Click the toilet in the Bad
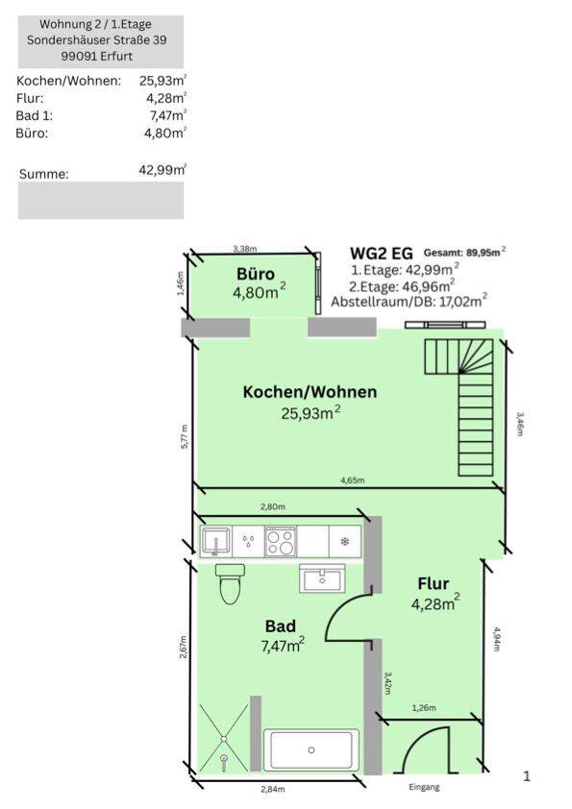[229, 583]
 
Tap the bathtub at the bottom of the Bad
[311, 749]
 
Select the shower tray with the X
[224, 739]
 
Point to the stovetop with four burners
[281, 541]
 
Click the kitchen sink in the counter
[214, 541]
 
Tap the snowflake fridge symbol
[344, 541]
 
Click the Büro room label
[256, 274]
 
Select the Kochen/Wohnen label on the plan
[310, 392]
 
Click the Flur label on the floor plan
[434, 583]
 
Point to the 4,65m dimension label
[353, 480]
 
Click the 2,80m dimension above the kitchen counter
[273, 506]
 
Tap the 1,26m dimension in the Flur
[424, 708]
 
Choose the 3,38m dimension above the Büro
[245, 249]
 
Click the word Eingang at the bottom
[424, 787]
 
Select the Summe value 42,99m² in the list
[162, 170]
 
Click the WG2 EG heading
[382, 253]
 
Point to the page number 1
[527, 776]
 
